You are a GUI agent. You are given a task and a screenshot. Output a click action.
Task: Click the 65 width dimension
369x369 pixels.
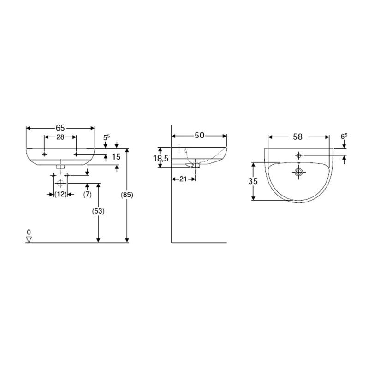60,128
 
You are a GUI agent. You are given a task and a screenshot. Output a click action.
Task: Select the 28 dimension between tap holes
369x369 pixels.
60,137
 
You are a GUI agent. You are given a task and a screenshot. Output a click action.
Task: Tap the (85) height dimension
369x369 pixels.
128,195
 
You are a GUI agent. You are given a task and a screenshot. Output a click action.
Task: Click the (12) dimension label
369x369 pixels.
60,194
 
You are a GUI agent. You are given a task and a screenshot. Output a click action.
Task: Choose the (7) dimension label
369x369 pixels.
87,194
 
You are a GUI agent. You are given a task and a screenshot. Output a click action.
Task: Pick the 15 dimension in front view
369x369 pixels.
116,157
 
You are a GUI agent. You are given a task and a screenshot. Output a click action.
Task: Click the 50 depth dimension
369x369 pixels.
199,135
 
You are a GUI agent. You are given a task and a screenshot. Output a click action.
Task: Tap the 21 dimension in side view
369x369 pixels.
183,179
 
